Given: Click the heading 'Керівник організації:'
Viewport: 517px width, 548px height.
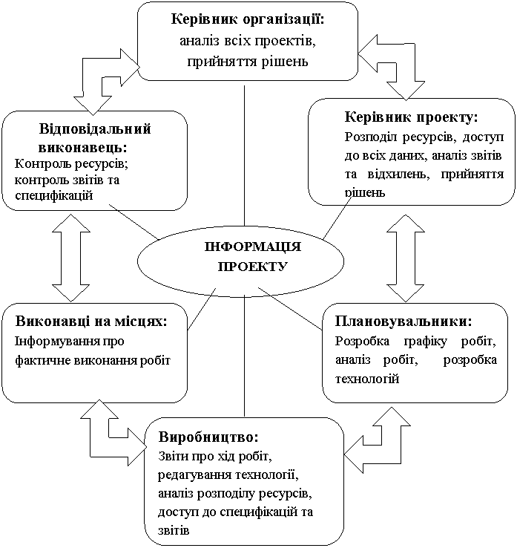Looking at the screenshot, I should tap(248, 20).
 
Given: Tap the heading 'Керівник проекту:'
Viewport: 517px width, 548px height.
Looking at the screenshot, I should tap(411, 117).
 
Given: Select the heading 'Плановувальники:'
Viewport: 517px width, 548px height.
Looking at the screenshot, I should tap(404, 322).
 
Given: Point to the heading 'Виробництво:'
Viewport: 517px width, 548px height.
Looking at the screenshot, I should tap(208, 435).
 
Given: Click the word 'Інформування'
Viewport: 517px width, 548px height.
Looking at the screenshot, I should tap(52, 341).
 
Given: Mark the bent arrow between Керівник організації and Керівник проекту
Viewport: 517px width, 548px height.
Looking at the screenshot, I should tap(394, 69).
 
